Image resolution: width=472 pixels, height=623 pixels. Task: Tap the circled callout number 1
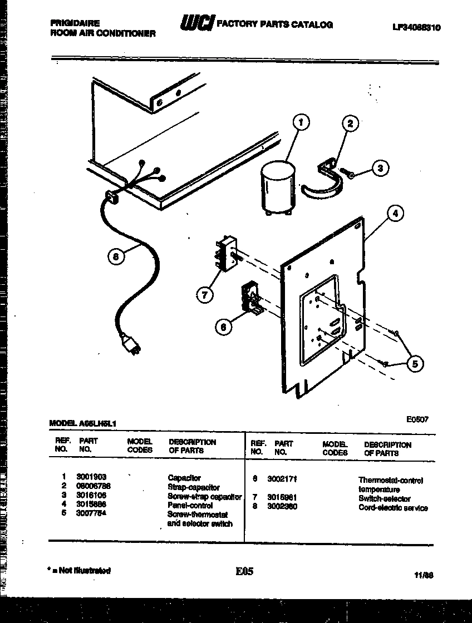(x=301, y=122)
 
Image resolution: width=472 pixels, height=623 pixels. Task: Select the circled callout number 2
(x=350, y=124)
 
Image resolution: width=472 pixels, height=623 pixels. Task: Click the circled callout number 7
(x=204, y=294)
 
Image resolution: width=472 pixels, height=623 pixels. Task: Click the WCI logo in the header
(x=195, y=23)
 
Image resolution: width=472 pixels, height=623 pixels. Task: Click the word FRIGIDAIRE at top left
(x=75, y=23)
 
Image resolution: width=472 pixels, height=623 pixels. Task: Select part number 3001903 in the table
(x=91, y=477)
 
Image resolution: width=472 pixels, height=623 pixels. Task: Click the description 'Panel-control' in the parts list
(x=190, y=506)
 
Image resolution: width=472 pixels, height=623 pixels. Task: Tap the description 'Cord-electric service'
(x=393, y=508)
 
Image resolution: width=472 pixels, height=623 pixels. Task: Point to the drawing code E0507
(x=417, y=421)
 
